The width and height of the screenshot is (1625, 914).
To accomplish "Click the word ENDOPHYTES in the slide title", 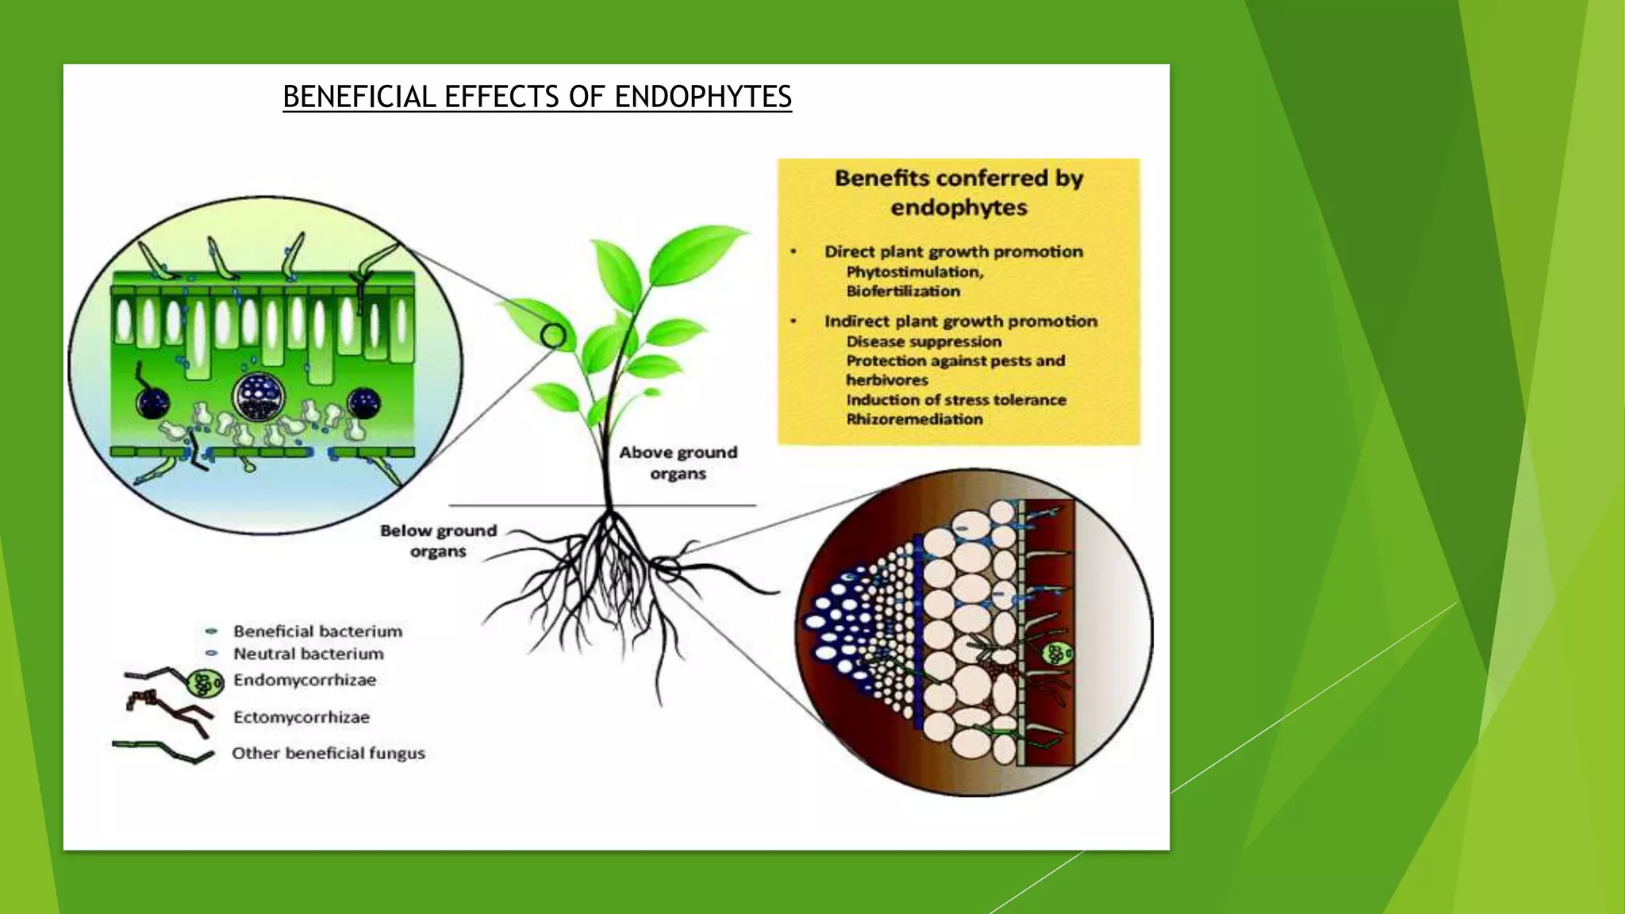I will click(x=702, y=97).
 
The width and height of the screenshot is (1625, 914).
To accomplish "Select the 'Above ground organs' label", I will click(x=678, y=463).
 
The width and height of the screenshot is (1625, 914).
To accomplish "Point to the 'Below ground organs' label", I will click(x=438, y=540).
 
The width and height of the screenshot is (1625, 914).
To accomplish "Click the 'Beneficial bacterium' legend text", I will click(x=317, y=632).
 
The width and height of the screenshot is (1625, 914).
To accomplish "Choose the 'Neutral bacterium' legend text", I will click(x=308, y=654).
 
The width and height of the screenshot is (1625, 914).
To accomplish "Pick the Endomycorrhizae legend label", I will click(x=305, y=680).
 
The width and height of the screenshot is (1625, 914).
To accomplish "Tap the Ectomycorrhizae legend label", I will click(x=302, y=717).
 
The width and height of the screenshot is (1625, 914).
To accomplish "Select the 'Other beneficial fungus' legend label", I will click(x=328, y=753).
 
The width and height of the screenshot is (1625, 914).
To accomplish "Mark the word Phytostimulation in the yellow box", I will click(x=914, y=272).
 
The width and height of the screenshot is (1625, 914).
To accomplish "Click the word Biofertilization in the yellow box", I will click(x=903, y=291).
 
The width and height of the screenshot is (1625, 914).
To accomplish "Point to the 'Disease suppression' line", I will click(x=924, y=342).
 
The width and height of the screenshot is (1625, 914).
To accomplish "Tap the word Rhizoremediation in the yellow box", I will click(x=914, y=419).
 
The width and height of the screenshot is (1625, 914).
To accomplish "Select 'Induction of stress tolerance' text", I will click(x=956, y=400).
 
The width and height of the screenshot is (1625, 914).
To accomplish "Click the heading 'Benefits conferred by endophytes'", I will click(x=958, y=193).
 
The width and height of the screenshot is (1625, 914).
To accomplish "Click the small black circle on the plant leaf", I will click(x=553, y=336).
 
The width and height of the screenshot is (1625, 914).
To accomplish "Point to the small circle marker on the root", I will click(x=667, y=568).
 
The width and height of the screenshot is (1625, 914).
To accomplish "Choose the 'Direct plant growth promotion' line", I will click(x=953, y=252).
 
